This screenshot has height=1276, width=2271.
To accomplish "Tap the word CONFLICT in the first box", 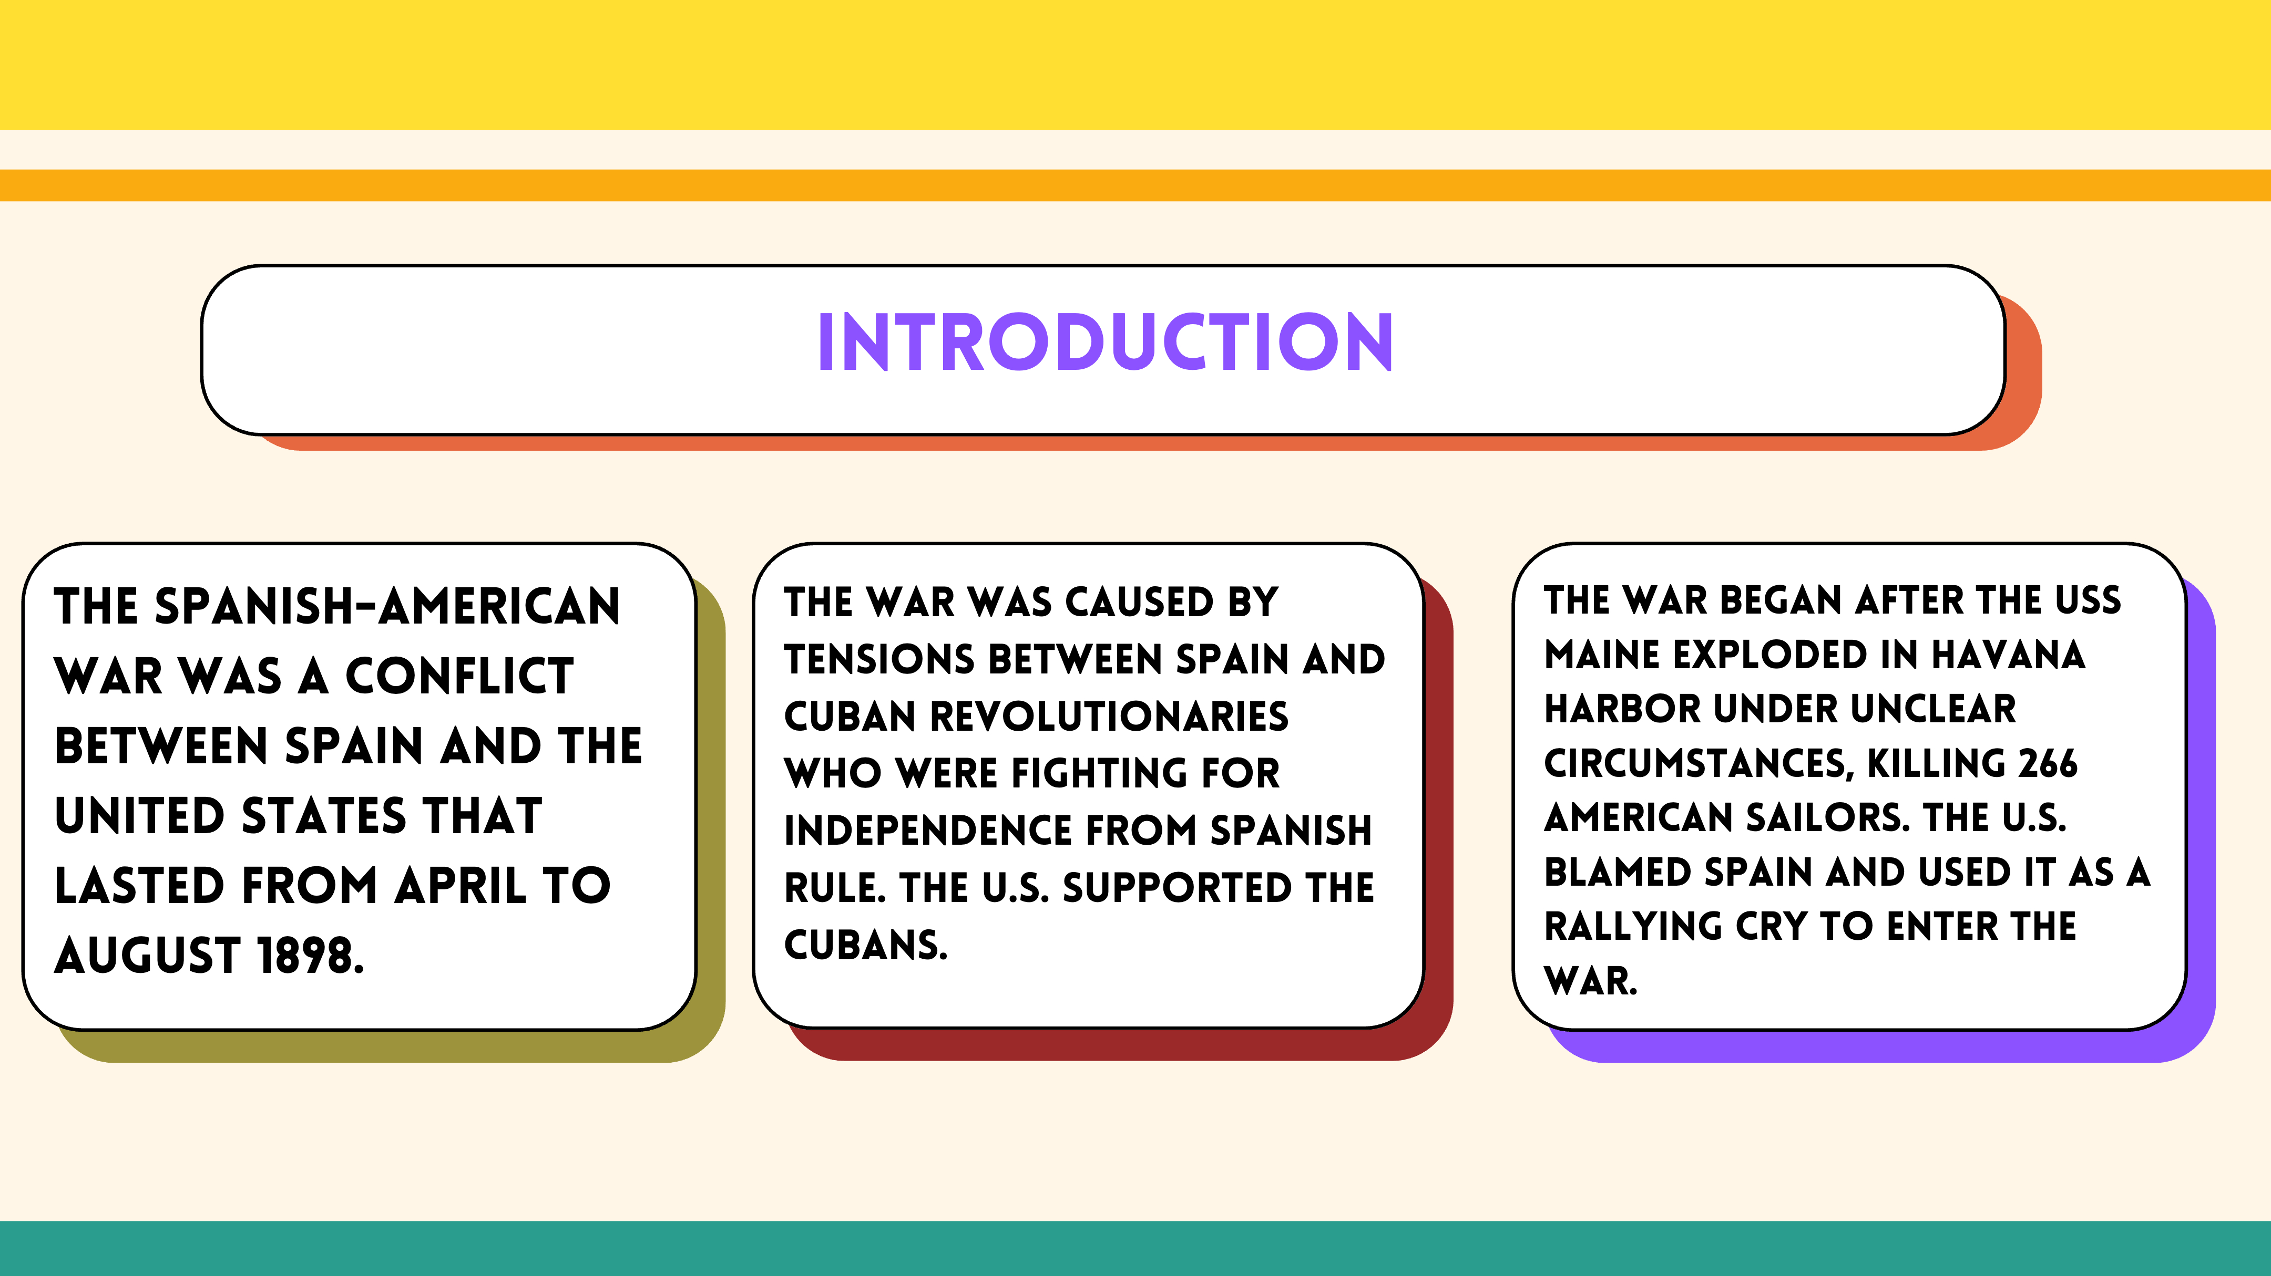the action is tap(459, 676).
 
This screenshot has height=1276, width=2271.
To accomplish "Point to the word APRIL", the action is tap(460, 886).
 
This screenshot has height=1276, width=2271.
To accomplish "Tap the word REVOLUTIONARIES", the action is tap(1109, 717).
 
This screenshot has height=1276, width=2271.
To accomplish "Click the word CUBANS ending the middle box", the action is tap(866, 945).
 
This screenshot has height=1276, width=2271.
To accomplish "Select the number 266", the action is tap(2048, 763).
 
